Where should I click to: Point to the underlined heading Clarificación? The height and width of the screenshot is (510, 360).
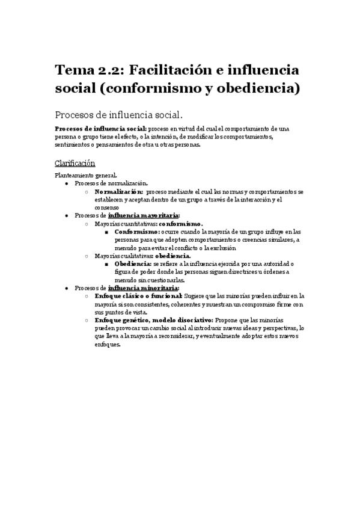(75, 164)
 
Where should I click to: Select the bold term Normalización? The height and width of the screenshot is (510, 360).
(118, 191)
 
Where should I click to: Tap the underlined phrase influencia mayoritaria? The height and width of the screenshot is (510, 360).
(143, 215)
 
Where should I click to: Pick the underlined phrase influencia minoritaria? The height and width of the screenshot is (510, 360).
(143, 287)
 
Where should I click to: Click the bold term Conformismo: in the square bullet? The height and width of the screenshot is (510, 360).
(137, 231)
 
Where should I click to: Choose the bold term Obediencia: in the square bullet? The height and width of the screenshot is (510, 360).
(133, 263)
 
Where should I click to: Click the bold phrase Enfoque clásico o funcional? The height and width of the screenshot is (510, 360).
(138, 296)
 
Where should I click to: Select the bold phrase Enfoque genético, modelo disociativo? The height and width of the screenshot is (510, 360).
(153, 320)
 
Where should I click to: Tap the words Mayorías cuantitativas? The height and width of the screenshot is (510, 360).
(121, 223)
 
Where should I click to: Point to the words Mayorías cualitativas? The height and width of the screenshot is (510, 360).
(120, 256)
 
